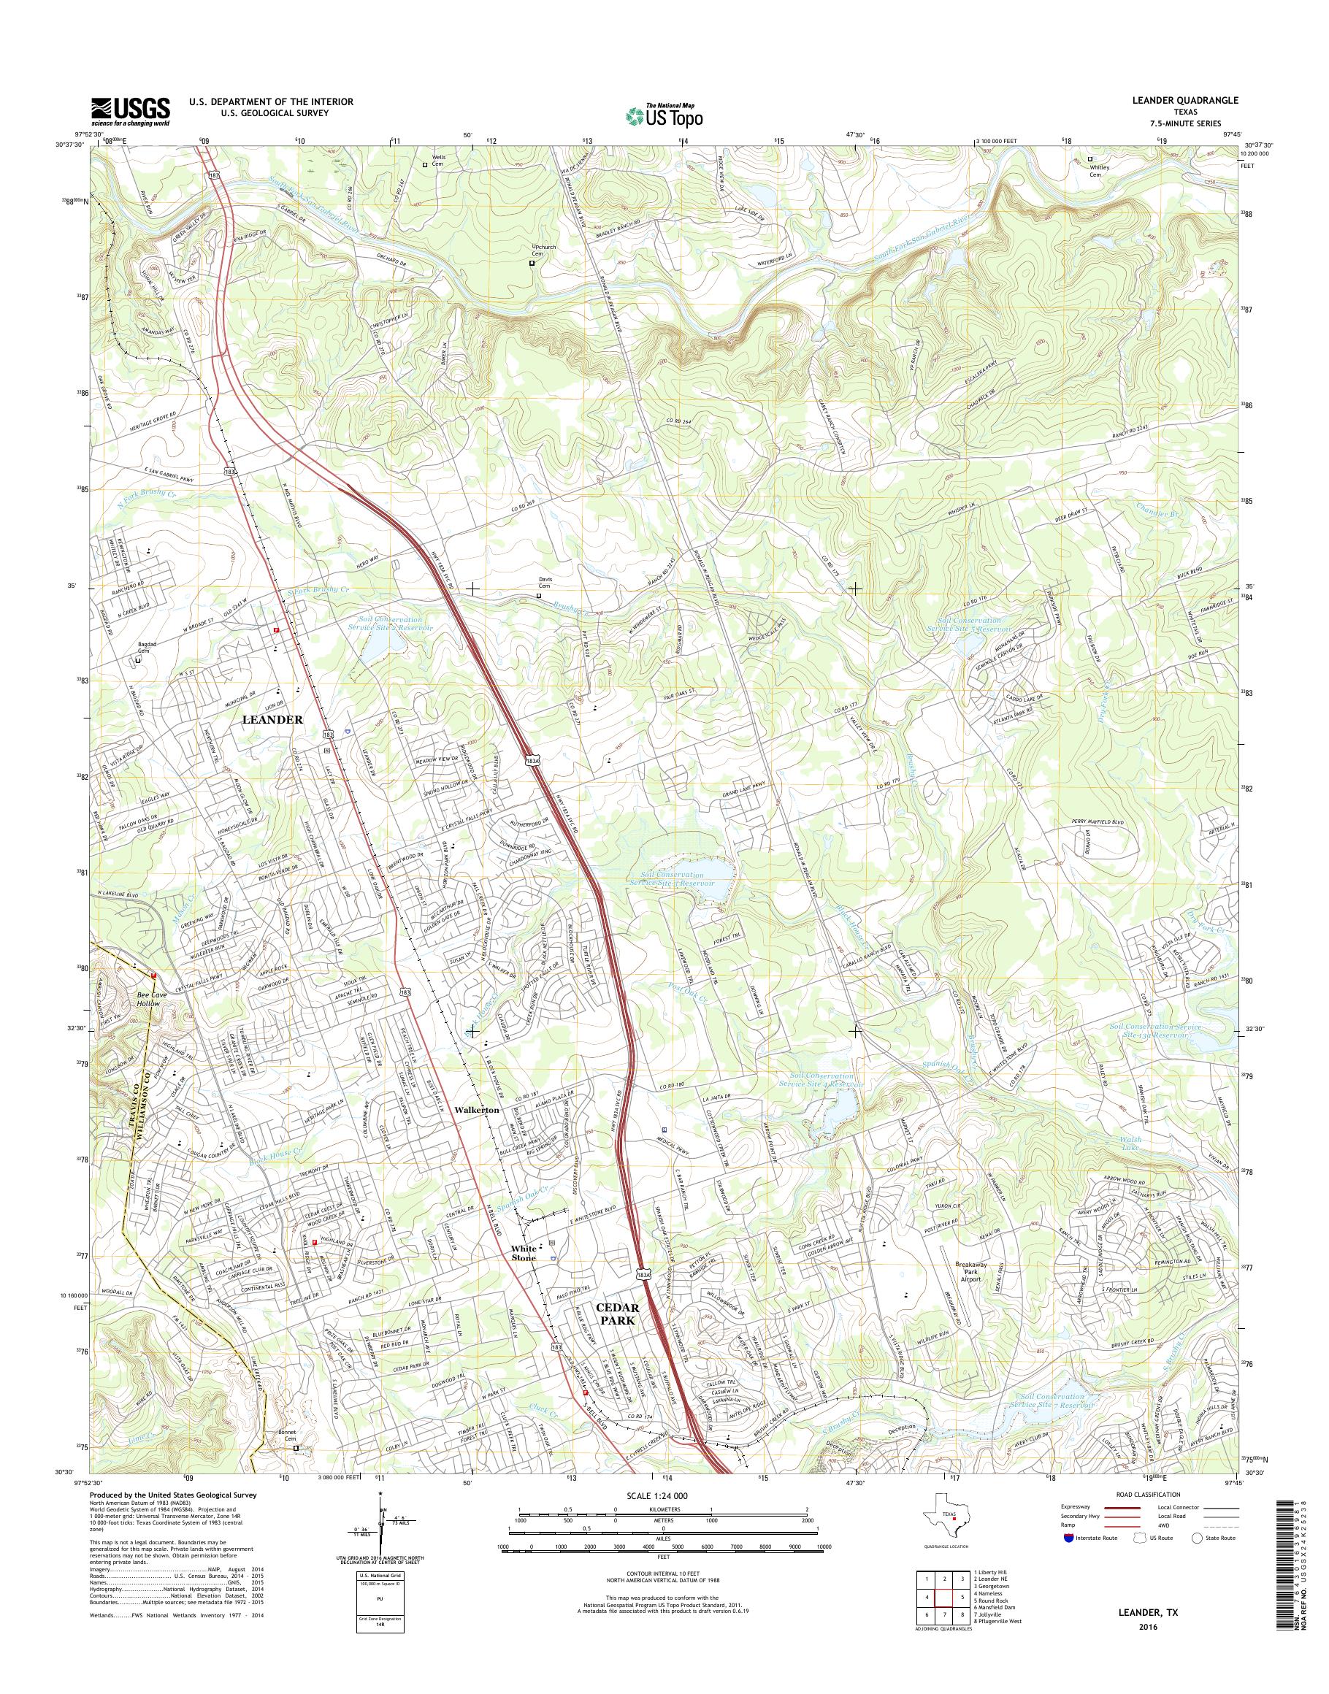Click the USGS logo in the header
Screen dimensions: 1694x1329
click(131, 111)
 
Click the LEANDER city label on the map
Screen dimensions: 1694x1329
click(272, 720)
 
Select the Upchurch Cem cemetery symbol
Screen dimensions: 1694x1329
click(532, 263)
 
